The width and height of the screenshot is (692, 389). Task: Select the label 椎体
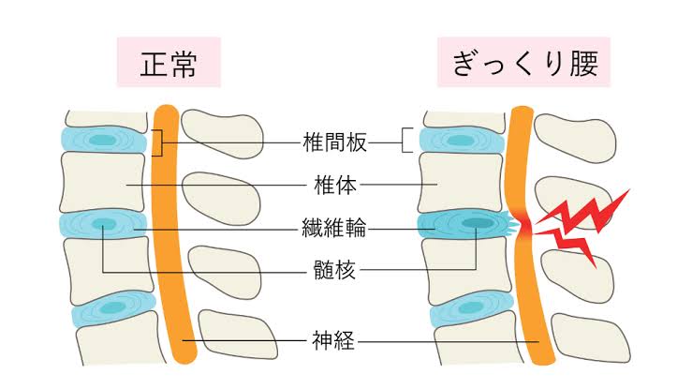tap(330, 185)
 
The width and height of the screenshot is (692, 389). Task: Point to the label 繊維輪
tap(330, 228)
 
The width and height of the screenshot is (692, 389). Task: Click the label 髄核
tap(330, 272)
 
